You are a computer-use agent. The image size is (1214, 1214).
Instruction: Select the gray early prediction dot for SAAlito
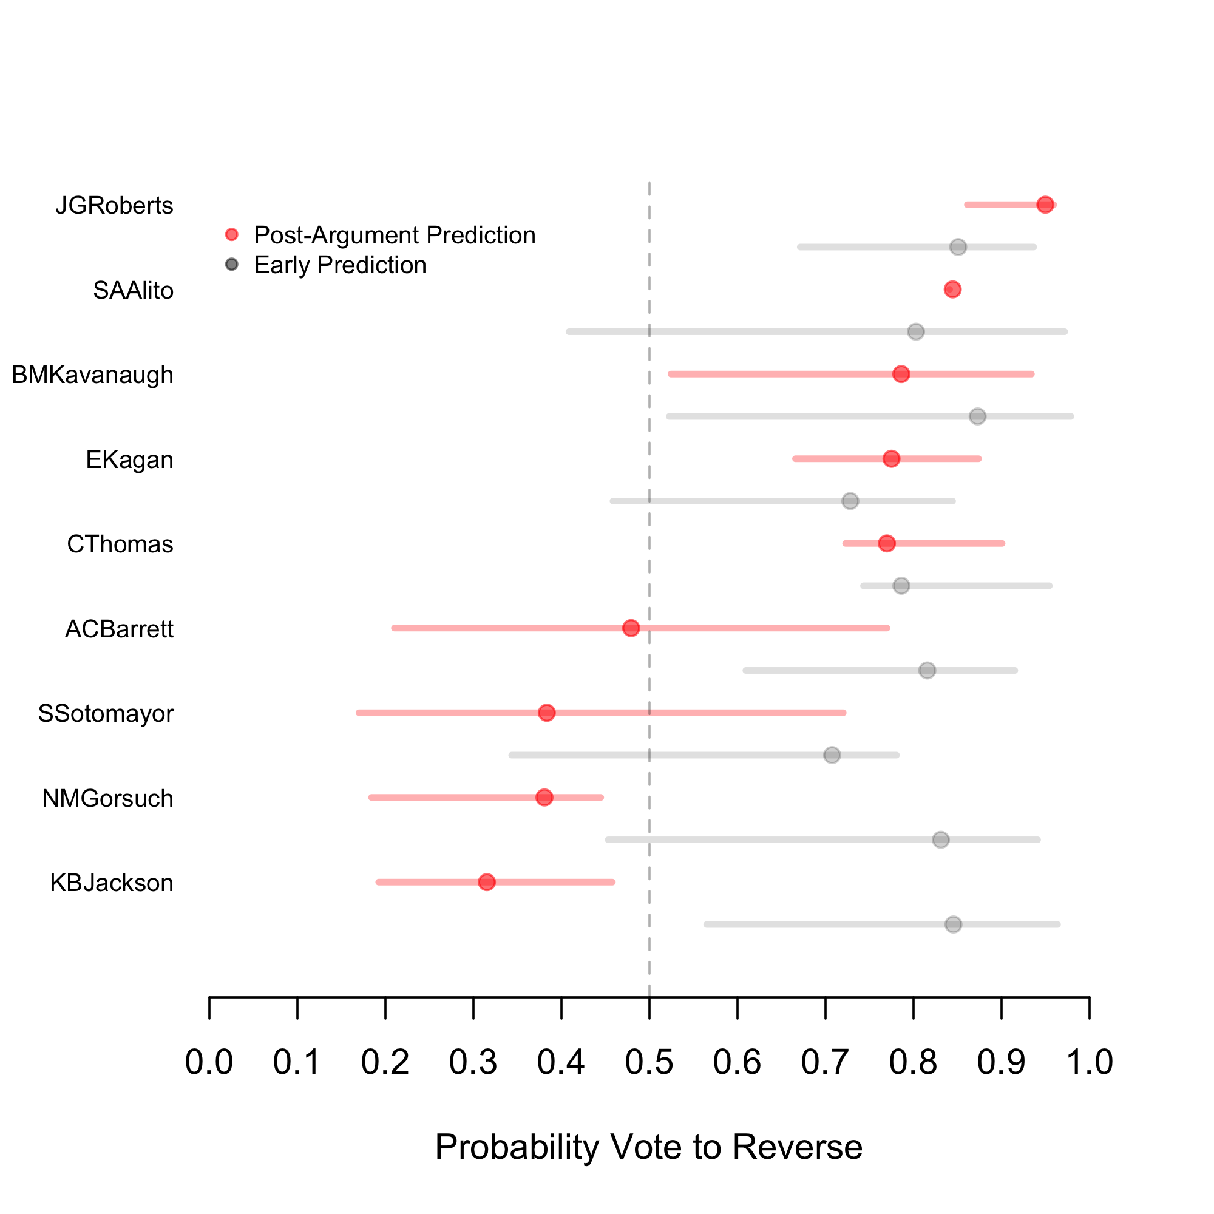click(916, 332)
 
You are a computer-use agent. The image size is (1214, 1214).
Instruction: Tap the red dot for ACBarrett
click(631, 628)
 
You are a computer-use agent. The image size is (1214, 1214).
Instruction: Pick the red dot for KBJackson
click(487, 882)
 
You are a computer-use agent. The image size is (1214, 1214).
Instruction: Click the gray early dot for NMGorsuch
click(941, 840)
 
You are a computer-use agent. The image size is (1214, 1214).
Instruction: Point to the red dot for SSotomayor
click(547, 713)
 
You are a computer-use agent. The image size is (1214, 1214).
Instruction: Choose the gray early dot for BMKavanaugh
click(978, 416)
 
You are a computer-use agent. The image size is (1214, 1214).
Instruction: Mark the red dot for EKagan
click(891, 459)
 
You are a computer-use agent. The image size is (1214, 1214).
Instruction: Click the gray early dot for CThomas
click(901, 586)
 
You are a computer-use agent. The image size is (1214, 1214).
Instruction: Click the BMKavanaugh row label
click(92, 375)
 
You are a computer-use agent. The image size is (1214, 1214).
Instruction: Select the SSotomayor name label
click(106, 714)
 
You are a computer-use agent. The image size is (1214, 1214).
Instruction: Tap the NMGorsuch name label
click(107, 799)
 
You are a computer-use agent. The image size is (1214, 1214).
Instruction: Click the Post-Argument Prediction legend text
click(395, 235)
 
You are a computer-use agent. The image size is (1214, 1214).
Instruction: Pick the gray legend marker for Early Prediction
click(232, 265)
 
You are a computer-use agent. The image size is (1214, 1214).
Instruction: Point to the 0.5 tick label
click(649, 1062)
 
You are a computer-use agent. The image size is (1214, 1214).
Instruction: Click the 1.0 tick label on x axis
click(1089, 1062)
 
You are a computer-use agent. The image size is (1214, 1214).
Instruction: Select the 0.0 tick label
click(209, 1062)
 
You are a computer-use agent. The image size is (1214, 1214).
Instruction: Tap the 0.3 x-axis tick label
click(473, 1062)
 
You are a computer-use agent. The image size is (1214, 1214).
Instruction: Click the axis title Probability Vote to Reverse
click(648, 1147)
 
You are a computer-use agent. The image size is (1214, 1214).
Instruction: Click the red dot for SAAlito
click(952, 290)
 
